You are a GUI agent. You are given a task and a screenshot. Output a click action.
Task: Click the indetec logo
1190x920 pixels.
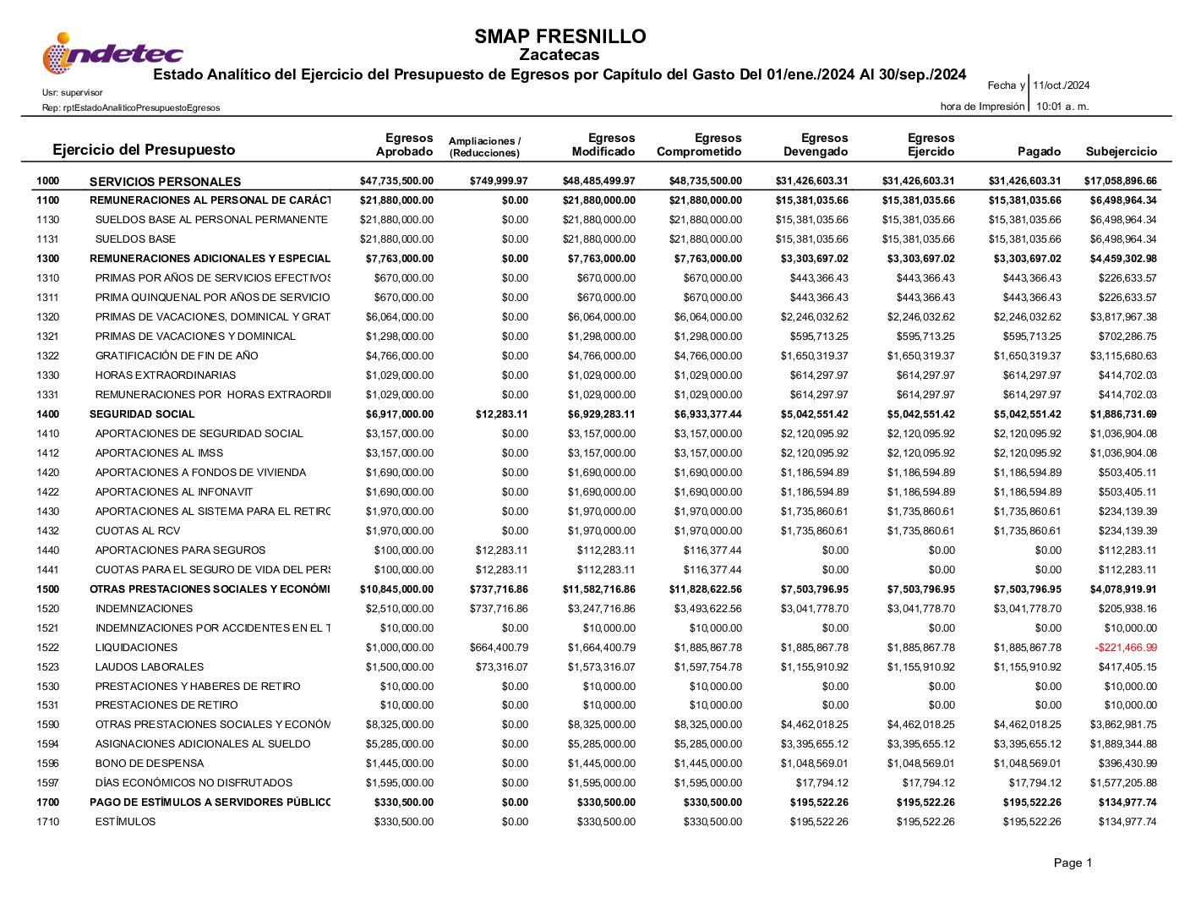[x=112, y=53]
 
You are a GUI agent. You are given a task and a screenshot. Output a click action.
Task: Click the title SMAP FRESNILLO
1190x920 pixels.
[x=560, y=36]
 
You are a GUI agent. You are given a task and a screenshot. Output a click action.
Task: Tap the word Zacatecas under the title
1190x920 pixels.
[x=560, y=55]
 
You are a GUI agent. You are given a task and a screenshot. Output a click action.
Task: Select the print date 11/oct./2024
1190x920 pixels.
[x=1061, y=85]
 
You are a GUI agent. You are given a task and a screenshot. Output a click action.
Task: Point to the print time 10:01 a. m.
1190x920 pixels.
[x=1062, y=107]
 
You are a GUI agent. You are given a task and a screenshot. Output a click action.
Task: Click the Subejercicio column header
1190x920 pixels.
[x=1121, y=151]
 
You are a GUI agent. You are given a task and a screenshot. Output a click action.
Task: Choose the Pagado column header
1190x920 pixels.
[x=1039, y=151]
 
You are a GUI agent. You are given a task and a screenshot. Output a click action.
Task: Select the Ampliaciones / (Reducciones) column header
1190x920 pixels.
[x=484, y=147]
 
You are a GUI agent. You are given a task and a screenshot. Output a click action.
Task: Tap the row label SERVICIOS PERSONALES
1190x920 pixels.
[x=165, y=182]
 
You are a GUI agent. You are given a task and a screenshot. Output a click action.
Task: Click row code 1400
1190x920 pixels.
[x=48, y=414]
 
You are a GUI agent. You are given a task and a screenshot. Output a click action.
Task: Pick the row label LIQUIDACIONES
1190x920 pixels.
[x=136, y=648]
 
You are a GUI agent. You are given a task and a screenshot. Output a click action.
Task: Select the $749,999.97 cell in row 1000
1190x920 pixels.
[x=499, y=181]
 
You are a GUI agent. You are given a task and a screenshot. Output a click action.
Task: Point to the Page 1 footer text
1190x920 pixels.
[x=1073, y=862]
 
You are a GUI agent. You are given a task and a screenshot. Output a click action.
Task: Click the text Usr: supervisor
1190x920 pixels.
[x=72, y=92]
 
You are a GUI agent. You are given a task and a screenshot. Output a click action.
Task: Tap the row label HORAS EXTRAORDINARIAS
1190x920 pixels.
[x=166, y=375]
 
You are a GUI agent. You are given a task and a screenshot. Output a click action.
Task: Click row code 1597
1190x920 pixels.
[x=48, y=783]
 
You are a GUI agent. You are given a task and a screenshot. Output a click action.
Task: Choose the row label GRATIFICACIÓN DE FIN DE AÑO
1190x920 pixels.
[x=177, y=356]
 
